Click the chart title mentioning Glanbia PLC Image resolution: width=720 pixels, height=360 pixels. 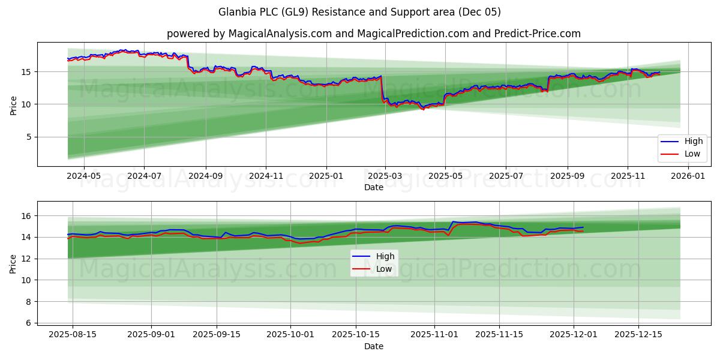(x=360, y=12)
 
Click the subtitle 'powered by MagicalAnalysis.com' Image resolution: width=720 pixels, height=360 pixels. (x=373, y=34)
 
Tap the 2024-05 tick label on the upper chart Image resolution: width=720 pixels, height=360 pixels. (x=83, y=176)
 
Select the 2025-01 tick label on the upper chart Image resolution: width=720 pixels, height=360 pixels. (x=326, y=176)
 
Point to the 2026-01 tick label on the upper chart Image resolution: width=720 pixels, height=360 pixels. (x=688, y=176)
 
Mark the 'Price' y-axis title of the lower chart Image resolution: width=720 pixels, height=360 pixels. (x=13, y=263)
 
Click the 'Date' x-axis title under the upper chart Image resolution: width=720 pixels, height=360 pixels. (x=373, y=187)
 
